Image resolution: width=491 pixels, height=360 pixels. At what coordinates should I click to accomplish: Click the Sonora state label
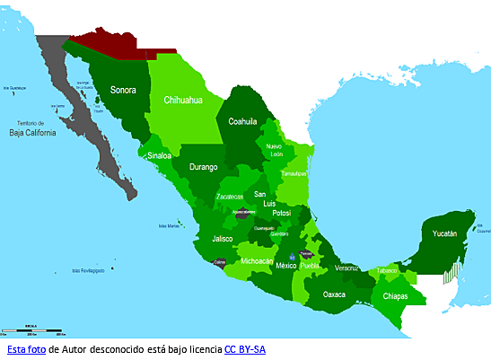(x=123, y=90)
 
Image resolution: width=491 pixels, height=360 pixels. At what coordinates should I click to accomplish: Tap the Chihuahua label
(x=182, y=101)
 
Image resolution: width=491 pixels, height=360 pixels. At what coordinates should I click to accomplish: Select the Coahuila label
(x=243, y=121)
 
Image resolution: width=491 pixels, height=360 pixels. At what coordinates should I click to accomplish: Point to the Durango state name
(x=205, y=166)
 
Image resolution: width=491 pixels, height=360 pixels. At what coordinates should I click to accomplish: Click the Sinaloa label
(x=161, y=155)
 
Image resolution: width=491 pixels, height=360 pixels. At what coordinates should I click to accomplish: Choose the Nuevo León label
(x=274, y=149)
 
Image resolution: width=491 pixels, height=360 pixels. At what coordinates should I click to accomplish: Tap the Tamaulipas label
(x=292, y=172)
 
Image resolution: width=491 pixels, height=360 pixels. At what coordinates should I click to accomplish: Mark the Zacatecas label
(x=230, y=196)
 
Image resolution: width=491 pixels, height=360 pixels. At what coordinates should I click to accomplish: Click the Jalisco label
(x=223, y=239)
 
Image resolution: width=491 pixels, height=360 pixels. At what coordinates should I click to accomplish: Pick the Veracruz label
(x=346, y=268)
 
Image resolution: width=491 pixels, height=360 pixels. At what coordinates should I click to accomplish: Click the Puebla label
(x=310, y=266)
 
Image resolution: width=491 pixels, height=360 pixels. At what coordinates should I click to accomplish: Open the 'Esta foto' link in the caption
(x=25, y=348)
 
